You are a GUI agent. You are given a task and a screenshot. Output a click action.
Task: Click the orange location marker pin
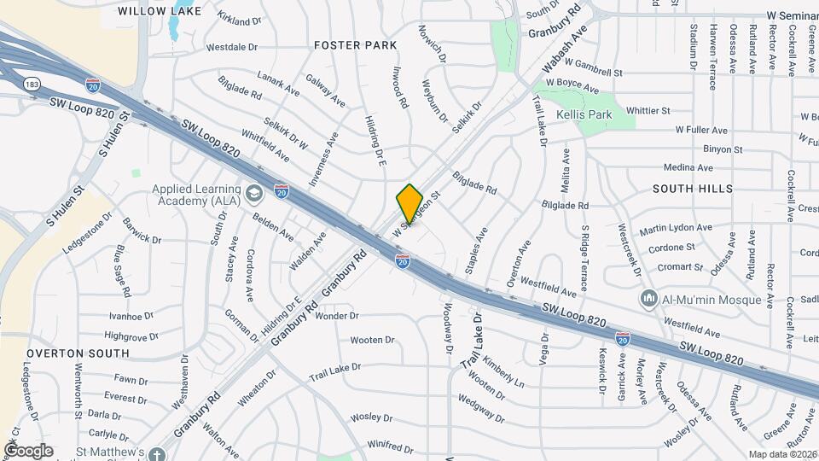tap(410, 203)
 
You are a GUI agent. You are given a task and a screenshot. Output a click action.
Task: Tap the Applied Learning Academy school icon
tap(253, 195)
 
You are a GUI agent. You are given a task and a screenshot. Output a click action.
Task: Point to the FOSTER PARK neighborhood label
tap(356, 44)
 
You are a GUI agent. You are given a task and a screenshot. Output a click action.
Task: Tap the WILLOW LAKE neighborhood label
tap(160, 11)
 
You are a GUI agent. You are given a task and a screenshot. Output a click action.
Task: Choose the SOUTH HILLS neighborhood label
tap(692, 188)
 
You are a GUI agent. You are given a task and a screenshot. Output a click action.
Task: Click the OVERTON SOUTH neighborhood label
tap(78, 353)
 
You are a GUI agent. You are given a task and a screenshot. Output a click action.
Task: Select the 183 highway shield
tap(32, 85)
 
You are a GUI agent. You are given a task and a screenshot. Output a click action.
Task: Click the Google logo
tap(28, 450)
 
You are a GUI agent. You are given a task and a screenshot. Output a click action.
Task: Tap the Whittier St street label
tap(648, 111)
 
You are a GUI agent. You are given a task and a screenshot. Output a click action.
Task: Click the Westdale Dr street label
tap(232, 47)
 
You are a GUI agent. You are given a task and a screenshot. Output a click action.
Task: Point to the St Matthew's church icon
tap(155, 453)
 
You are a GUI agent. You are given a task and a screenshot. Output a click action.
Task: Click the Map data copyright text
tap(782, 454)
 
